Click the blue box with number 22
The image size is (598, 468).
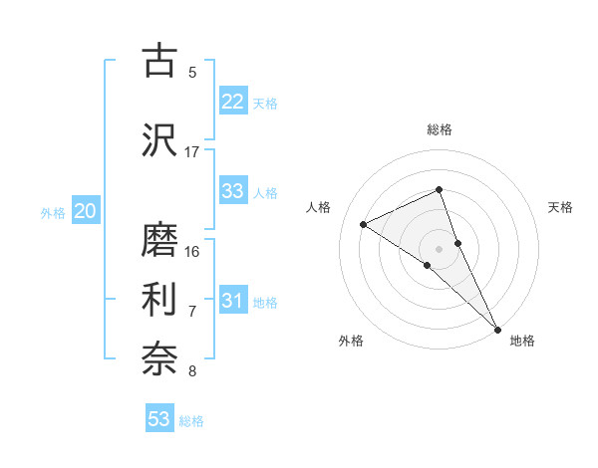(x=233, y=102)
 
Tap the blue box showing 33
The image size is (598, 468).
(x=233, y=192)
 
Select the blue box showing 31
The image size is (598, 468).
(x=233, y=302)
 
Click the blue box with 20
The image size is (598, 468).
(x=86, y=211)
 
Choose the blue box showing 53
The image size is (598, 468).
(x=159, y=419)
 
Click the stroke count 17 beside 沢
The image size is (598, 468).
(x=192, y=151)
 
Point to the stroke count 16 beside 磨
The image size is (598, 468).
(x=192, y=251)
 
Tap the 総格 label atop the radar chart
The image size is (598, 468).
(x=439, y=129)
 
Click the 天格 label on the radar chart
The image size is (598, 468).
(x=560, y=207)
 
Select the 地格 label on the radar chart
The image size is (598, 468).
(x=522, y=341)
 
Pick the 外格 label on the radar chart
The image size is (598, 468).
(x=351, y=341)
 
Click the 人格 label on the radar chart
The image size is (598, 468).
(x=319, y=207)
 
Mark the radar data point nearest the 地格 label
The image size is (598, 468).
(x=497, y=329)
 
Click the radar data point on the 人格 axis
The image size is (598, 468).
(x=364, y=224)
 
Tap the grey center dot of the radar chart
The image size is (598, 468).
(x=439, y=248)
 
